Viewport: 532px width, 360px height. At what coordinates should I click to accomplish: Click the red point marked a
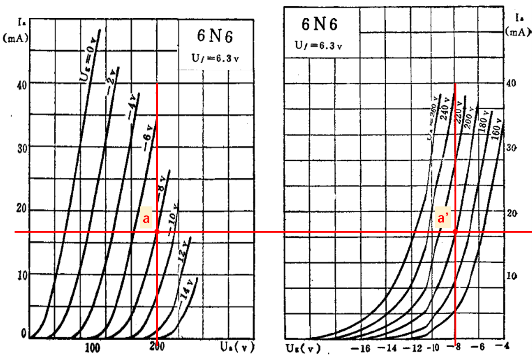click(157, 232)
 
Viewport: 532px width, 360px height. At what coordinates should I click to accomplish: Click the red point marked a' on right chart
click(455, 232)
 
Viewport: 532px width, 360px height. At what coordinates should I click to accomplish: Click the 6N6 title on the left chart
click(215, 36)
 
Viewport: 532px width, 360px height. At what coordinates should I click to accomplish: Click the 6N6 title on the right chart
click(319, 24)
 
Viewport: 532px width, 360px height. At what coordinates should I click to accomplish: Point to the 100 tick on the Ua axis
click(92, 347)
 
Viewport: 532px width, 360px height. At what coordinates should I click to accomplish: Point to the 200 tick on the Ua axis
click(157, 347)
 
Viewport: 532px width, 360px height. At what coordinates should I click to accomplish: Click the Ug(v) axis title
click(303, 348)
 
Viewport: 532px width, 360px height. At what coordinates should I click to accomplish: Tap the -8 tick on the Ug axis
click(455, 347)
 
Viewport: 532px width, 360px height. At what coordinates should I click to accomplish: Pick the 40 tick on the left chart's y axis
click(22, 84)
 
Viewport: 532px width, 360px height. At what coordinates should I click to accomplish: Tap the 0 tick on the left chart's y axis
click(24, 334)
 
